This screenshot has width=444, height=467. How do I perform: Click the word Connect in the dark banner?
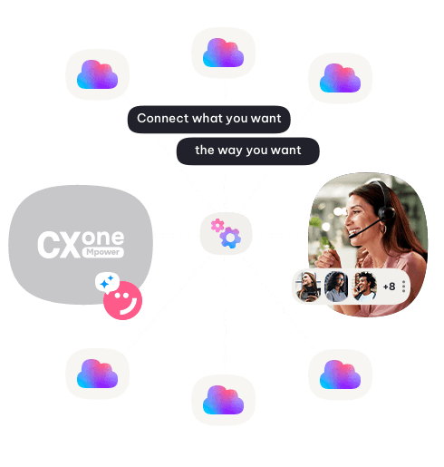[163, 118]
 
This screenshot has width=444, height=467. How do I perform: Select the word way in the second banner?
[230, 151]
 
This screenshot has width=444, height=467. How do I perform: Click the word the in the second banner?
[205, 150]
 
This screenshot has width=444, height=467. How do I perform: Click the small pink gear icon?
[217, 225]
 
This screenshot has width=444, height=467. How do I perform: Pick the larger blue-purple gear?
[230, 238]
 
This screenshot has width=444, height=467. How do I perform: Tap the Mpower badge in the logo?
[102, 252]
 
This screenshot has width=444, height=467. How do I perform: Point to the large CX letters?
[59, 245]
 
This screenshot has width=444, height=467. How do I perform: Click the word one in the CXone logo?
[102, 238]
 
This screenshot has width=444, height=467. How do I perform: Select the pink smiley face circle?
[123, 300]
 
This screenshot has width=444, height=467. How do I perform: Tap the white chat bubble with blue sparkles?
[107, 282]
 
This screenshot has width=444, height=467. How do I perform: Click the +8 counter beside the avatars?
[389, 287]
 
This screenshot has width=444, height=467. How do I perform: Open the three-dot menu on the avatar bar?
[403, 287]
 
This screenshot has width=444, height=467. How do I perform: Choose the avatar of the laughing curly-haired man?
[365, 287]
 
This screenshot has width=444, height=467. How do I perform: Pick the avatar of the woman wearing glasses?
[336, 287]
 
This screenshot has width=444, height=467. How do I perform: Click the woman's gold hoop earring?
[383, 229]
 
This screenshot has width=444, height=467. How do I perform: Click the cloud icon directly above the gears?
[223, 53]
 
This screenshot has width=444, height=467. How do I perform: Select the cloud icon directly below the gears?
[223, 400]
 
